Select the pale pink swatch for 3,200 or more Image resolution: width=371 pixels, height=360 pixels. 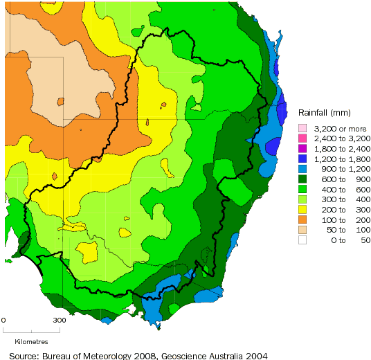[x=302, y=128]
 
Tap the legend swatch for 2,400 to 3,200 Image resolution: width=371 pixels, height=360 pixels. [x=302, y=138]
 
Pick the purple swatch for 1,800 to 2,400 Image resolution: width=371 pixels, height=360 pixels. [x=302, y=148]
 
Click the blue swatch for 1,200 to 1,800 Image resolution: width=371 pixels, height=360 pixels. [x=302, y=159]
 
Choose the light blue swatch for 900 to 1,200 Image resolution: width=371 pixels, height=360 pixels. [x=302, y=168]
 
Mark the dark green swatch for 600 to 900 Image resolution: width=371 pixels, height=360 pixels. [x=302, y=179]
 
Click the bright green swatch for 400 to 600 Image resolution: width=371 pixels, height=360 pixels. [x=302, y=189]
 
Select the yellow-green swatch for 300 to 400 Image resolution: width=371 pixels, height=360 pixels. [x=302, y=199]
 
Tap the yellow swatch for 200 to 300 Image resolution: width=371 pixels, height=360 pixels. [x=302, y=209]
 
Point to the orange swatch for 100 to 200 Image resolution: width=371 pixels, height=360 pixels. [x=302, y=219]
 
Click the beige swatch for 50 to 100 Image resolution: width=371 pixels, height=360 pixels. [x=302, y=229]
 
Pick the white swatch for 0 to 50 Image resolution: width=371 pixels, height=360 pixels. [x=302, y=240]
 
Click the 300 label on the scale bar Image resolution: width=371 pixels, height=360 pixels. [x=60, y=321]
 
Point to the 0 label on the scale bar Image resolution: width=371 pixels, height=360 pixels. [x=3, y=321]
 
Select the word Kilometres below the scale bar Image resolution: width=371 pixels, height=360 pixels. [x=30, y=341]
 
